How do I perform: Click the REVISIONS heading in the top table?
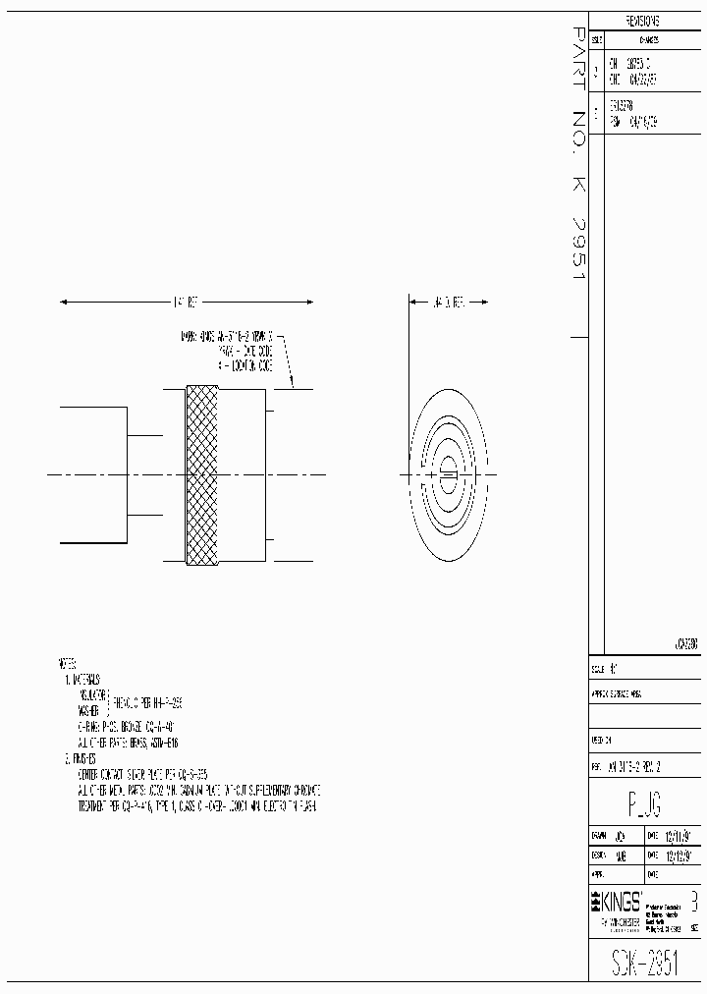point(642,21)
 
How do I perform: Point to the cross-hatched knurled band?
point(201,473)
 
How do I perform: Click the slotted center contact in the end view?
point(446,475)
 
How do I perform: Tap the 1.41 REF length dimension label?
point(186,303)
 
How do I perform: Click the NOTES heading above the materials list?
point(68,663)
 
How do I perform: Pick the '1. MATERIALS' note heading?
point(82,679)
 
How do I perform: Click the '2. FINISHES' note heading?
point(81,758)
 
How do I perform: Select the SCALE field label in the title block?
point(598,667)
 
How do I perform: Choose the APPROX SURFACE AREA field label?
point(617,691)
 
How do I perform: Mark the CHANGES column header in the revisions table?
point(649,41)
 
